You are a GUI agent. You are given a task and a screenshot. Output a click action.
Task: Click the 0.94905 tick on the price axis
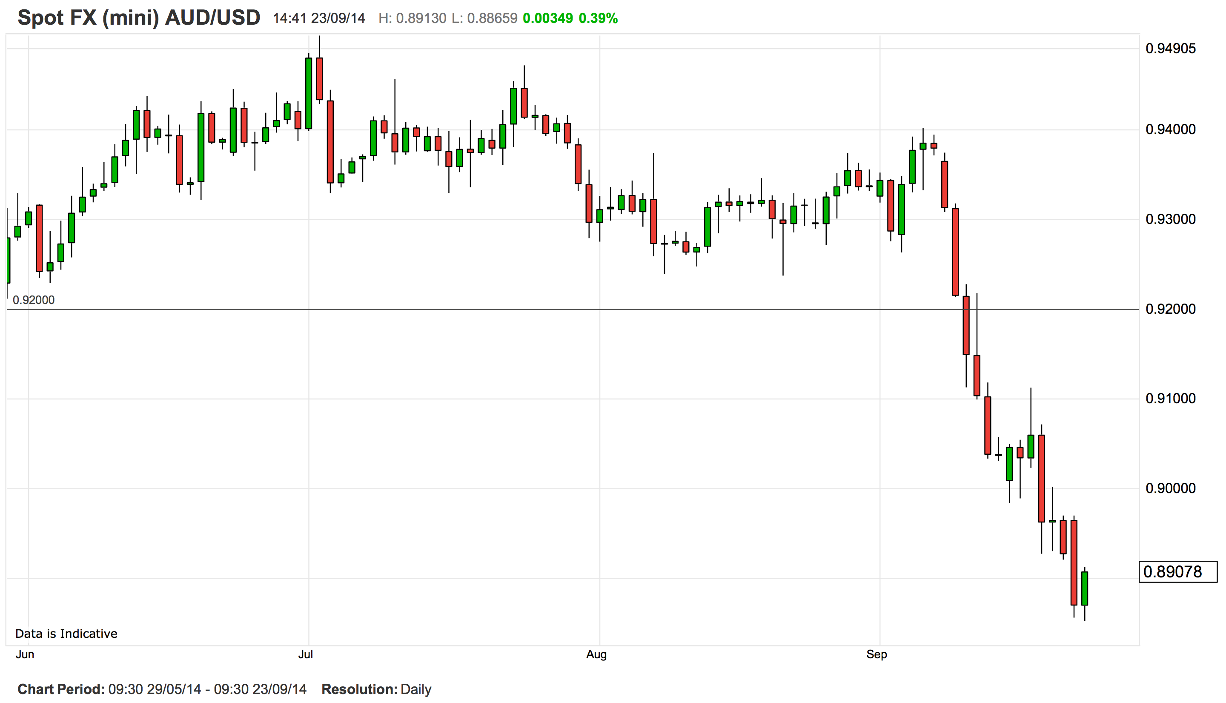tap(1171, 49)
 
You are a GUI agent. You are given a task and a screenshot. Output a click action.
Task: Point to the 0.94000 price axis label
tap(1171, 129)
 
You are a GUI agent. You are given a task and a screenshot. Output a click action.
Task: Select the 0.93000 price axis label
tap(1171, 219)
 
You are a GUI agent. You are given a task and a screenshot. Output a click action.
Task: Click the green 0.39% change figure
tap(598, 18)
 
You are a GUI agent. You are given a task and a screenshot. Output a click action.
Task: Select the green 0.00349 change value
tap(547, 18)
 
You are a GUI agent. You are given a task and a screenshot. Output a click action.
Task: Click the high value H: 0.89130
tap(412, 18)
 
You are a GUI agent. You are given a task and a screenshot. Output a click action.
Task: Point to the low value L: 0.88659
tap(484, 18)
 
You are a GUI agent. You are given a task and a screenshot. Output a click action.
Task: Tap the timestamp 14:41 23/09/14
tap(319, 18)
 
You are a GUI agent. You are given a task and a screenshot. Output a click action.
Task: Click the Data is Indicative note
tap(66, 634)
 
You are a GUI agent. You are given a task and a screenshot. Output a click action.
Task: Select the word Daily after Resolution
tap(415, 689)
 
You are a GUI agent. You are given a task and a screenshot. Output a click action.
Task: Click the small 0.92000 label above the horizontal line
tap(33, 300)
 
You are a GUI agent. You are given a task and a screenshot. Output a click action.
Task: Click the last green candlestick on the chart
tap(1085, 588)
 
